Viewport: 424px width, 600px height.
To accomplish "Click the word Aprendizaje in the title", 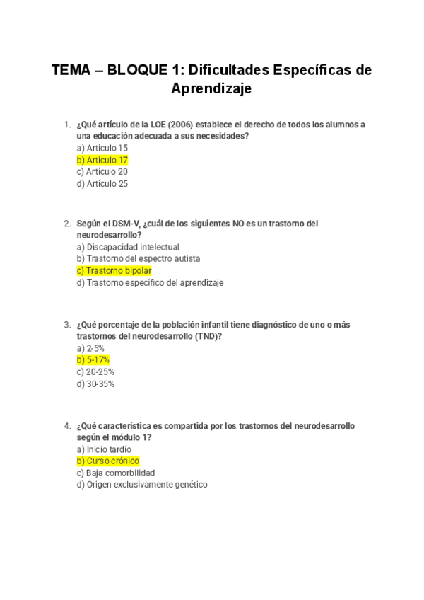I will [211, 90].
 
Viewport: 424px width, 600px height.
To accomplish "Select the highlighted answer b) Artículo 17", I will [102, 160].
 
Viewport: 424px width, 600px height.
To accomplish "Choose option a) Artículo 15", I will [102, 148].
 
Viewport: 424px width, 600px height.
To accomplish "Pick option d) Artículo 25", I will [102, 183].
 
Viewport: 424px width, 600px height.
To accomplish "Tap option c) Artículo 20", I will [102, 171].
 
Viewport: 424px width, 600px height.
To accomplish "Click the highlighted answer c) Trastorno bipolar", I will [114, 270].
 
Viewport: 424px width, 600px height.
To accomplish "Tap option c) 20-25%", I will [95, 371].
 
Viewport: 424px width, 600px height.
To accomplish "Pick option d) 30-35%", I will [95, 383].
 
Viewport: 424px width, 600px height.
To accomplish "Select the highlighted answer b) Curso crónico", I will [107, 461].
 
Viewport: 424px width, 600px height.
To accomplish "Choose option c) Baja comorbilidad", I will [115, 473].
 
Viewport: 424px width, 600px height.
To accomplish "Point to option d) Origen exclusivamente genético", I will [141, 485].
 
